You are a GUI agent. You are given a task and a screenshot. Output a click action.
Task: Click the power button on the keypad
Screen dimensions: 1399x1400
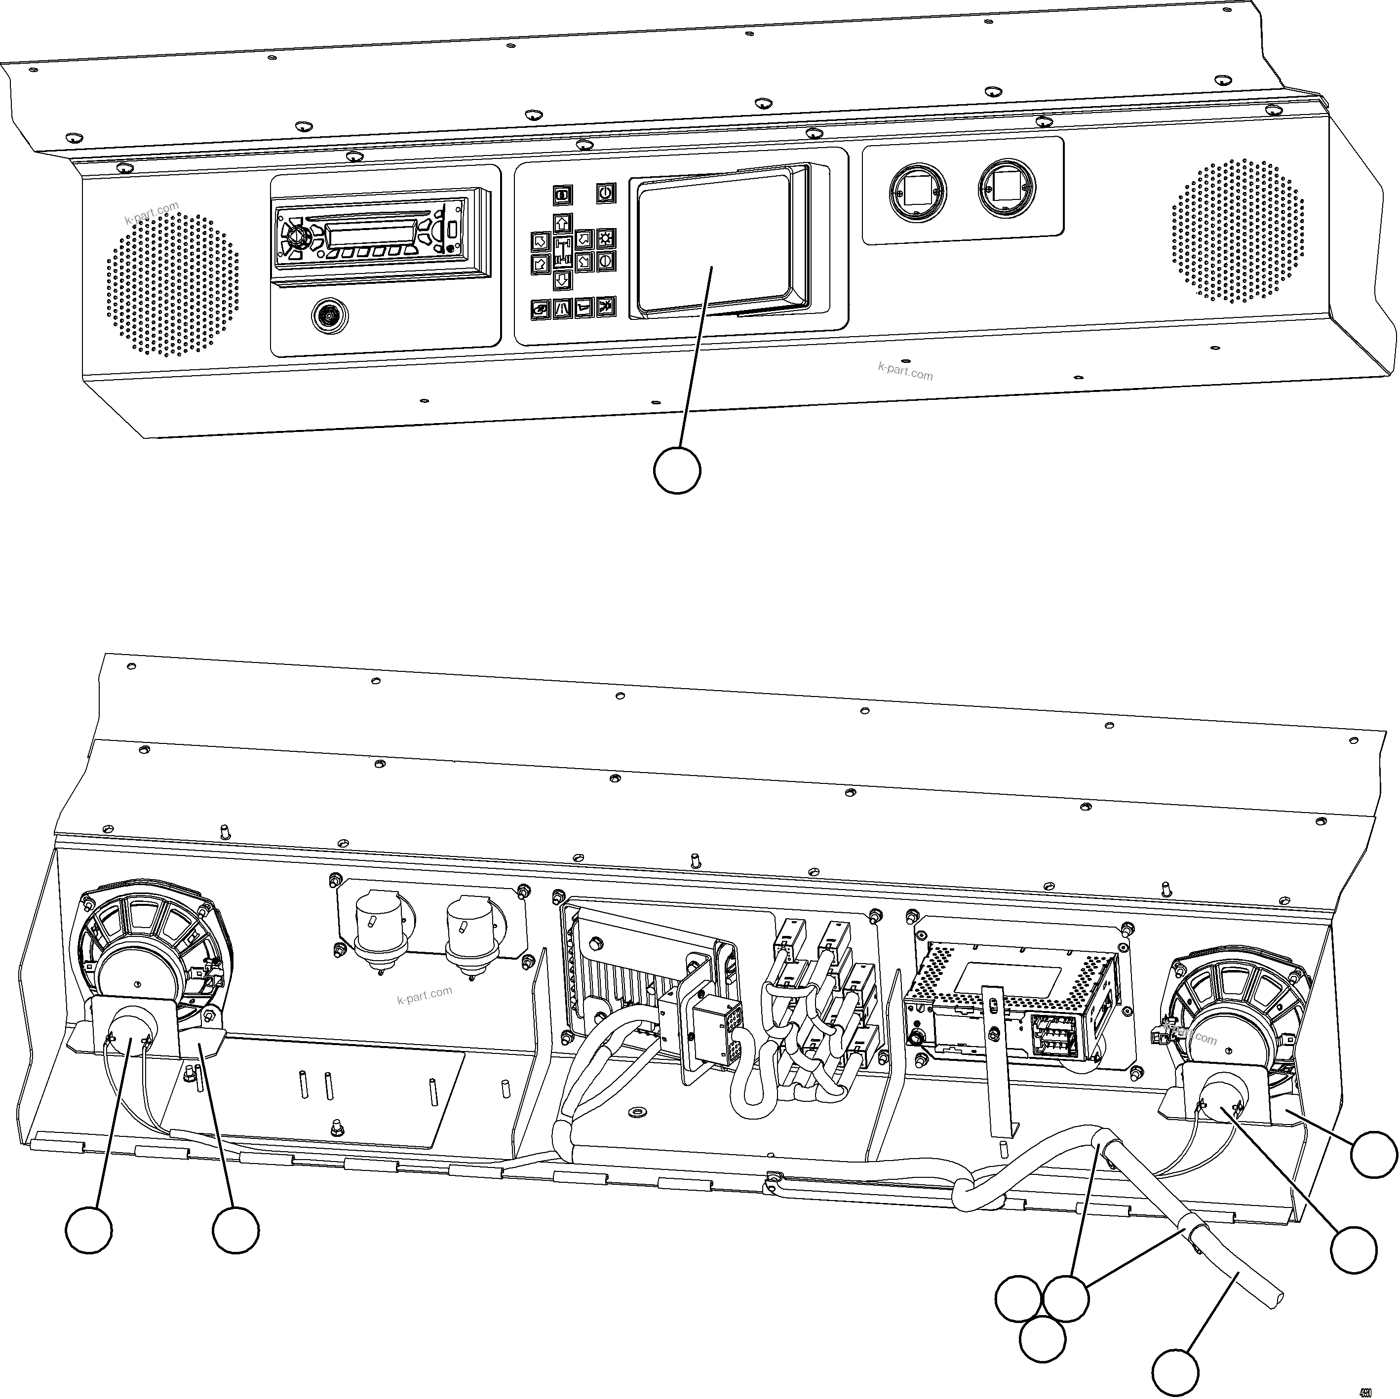pyautogui.click(x=606, y=193)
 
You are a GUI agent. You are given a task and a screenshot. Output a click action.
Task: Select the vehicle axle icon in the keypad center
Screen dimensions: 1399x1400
pyautogui.click(x=562, y=251)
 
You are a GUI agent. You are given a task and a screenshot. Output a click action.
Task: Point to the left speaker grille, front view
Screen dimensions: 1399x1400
pyautogui.click(x=172, y=284)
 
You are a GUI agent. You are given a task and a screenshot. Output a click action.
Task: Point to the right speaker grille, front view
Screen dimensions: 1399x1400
pyautogui.click(x=1238, y=231)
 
